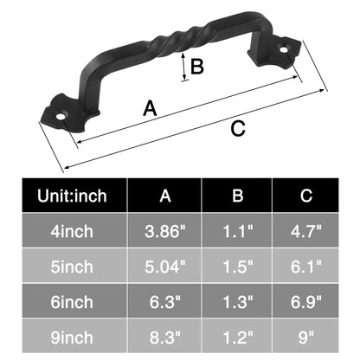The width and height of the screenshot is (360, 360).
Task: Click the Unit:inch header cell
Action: [74, 196]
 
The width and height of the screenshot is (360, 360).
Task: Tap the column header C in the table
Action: [305, 196]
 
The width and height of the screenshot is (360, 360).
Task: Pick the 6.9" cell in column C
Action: [305, 300]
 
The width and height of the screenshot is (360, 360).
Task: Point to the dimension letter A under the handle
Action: [150, 108]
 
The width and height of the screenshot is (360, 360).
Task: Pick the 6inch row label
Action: [74, 300]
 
